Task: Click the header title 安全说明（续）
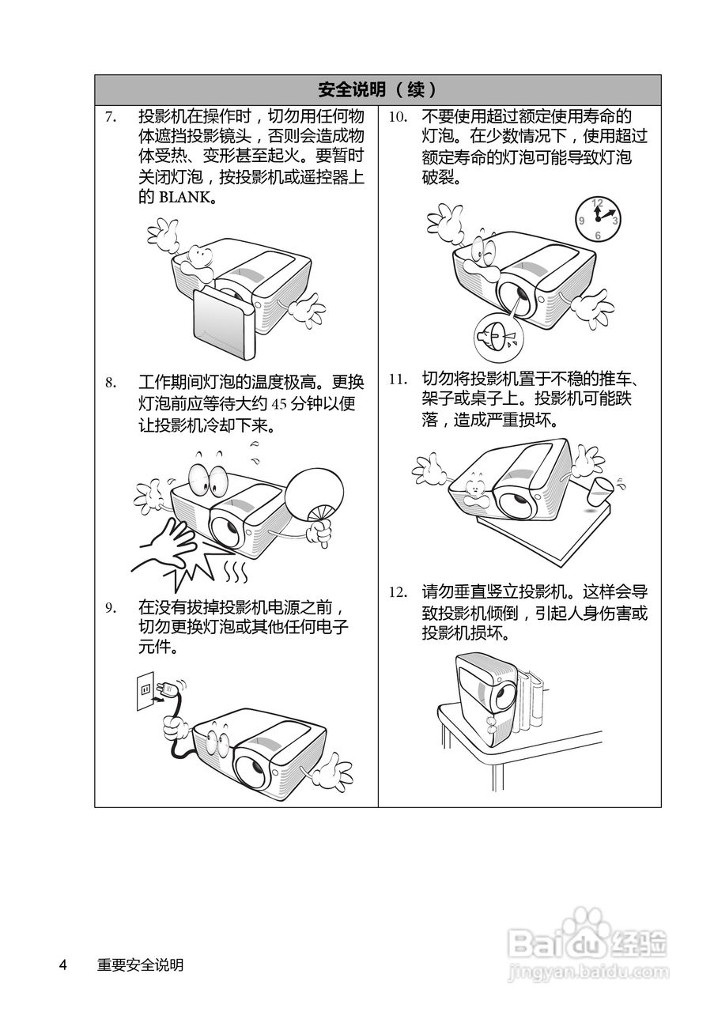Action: (377, 89)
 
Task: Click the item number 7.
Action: (111, 117)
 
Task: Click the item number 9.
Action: (111, 608)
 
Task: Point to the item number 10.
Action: (398, 117)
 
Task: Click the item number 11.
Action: (398, 378)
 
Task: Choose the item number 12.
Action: (398, 591)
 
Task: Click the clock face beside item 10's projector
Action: (597, 217)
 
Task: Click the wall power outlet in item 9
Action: (146, 690)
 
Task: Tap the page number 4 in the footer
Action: (63, 965)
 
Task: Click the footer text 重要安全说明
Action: (140, 965)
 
